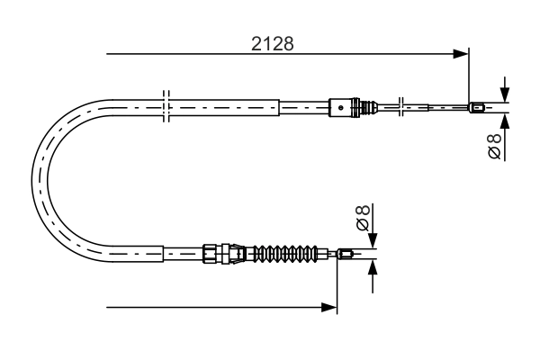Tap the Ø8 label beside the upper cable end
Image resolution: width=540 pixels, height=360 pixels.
coord(494,148)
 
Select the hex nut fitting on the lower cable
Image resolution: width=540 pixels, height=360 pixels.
coord(212,254)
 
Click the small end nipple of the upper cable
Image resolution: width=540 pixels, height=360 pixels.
coord(479,109)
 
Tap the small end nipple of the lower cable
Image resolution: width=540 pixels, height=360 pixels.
coord(346,255)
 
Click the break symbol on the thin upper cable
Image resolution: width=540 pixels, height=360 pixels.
coord(402,108)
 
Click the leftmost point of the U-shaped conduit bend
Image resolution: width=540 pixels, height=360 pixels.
coord(32,180)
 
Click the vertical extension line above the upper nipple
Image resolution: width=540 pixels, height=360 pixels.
coord(470,76)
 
